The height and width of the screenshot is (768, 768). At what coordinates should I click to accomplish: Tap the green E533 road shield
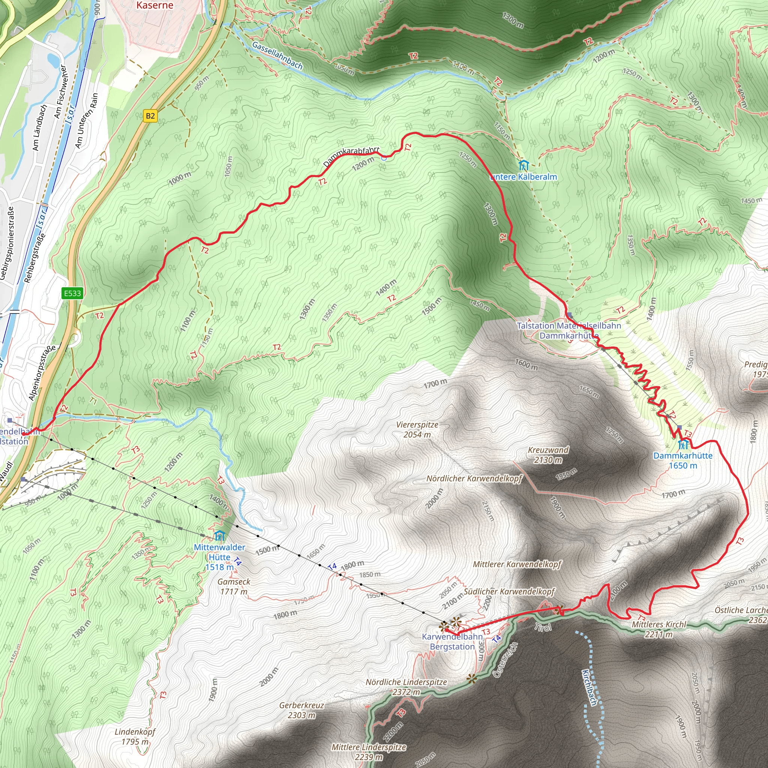click(x=72, y=293)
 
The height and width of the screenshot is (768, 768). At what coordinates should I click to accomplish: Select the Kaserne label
click(x=154, y=5)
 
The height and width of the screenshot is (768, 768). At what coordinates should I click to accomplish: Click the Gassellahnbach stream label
click(x=277, y=56)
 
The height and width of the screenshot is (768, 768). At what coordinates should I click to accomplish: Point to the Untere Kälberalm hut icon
click(x=523, y=165)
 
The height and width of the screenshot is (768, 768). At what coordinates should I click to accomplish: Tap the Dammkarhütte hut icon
click(x=683, y=444)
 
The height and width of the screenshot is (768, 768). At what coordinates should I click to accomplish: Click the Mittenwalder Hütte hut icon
click(x=219, y=536)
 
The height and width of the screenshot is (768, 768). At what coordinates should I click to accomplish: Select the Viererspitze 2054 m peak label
click(x=417, y=430)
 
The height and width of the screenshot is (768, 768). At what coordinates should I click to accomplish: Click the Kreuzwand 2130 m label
click(x=548, y=455)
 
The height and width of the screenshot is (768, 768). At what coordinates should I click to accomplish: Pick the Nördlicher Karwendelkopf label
click(x=474, y=478)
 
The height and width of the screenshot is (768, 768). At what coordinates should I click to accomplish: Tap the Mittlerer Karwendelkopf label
click(x=517, y=564)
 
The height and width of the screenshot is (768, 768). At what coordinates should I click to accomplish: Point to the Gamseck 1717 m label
click(x=234, y=586)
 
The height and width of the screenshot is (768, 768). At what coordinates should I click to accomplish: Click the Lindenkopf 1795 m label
click(x=135, y=736)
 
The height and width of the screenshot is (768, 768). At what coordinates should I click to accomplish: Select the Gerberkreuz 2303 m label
click(x=302, y=710)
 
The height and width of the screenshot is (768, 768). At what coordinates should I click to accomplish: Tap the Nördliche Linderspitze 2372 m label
click(x=406, y=687)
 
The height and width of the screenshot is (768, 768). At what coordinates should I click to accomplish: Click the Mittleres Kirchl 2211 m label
click(x=658, y=629)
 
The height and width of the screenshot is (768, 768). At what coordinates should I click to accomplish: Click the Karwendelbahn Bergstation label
click(x=452, y=642)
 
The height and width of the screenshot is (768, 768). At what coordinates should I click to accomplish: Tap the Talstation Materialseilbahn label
click(x=569, y=326)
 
